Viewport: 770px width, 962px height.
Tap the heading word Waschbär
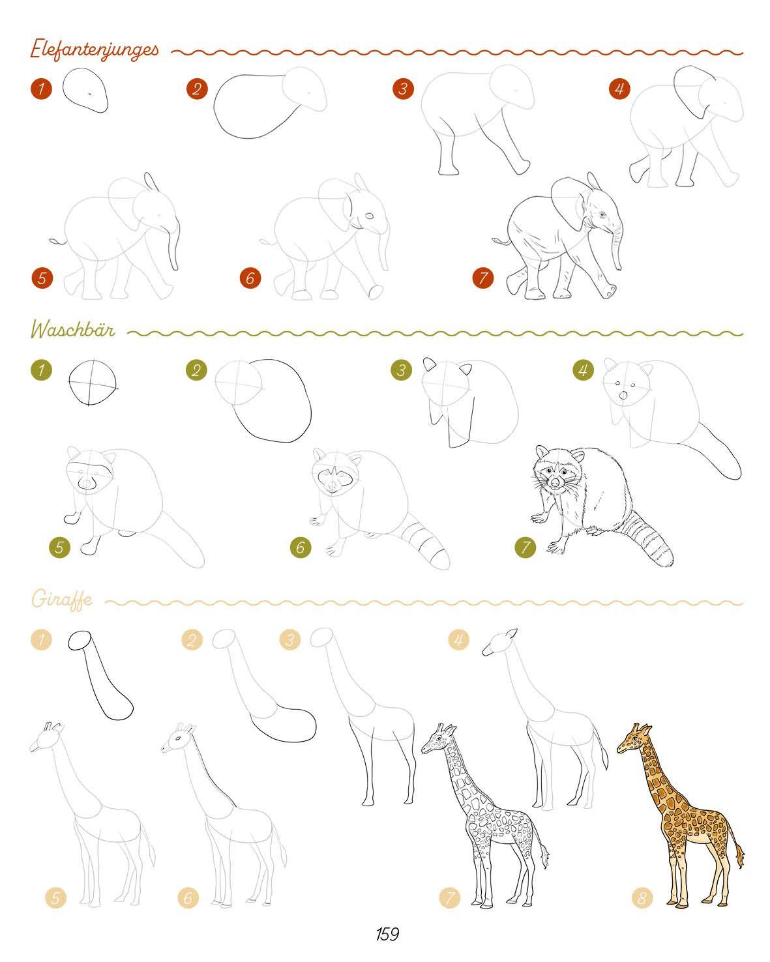coord(72,329)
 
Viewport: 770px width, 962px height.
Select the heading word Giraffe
coord(62,599)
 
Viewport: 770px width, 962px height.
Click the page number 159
coord(387,934)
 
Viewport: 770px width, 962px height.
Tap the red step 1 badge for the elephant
coord(42,88)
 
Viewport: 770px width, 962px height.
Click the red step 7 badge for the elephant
coord(483,278)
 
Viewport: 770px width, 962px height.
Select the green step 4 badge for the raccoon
coord(583,370)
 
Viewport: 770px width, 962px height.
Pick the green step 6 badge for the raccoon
coord(301,547)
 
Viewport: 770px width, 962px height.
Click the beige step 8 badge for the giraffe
coord(642,897)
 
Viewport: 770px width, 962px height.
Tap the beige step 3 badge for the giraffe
coord(289,639)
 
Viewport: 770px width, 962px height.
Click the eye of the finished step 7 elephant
coord(602,214)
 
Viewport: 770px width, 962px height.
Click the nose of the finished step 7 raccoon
coord(555,482)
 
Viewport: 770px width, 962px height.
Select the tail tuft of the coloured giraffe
coord(739,855)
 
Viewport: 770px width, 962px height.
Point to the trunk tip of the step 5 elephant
coord(176,267)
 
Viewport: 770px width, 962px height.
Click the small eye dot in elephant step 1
coord(89,94)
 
